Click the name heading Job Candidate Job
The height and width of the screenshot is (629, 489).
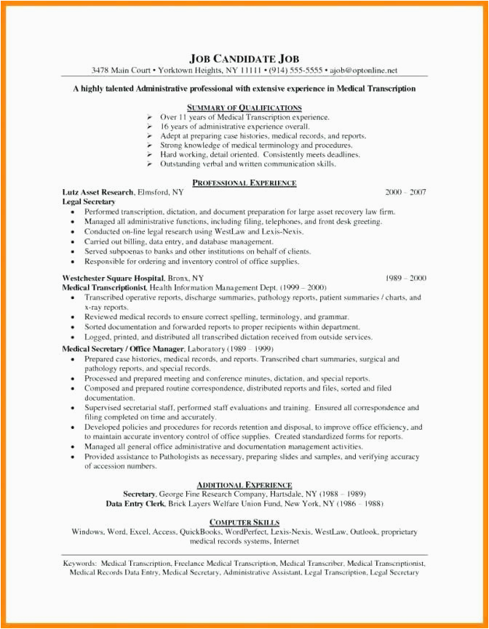tap(244, 58)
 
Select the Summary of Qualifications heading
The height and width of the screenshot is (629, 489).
tap(244, 107)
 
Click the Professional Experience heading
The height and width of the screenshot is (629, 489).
tap(244, 183)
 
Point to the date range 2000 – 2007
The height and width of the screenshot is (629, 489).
tap(405, 192)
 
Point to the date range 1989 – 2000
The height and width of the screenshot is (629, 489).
tap(405, 278)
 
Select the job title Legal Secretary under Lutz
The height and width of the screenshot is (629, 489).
tap(89, 201)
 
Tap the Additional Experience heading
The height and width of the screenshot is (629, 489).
tap(244, 484)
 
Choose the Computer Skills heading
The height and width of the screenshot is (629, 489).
tap(244, 522)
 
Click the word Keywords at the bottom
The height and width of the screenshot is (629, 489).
tap(81, 563)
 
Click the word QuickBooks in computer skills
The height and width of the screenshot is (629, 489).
tap(200, 532)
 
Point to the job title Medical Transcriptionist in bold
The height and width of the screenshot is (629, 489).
tap(105, 287)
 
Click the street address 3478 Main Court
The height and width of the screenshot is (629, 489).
tap(121, 71)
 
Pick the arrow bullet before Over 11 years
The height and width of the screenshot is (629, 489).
tap(148, 117)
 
